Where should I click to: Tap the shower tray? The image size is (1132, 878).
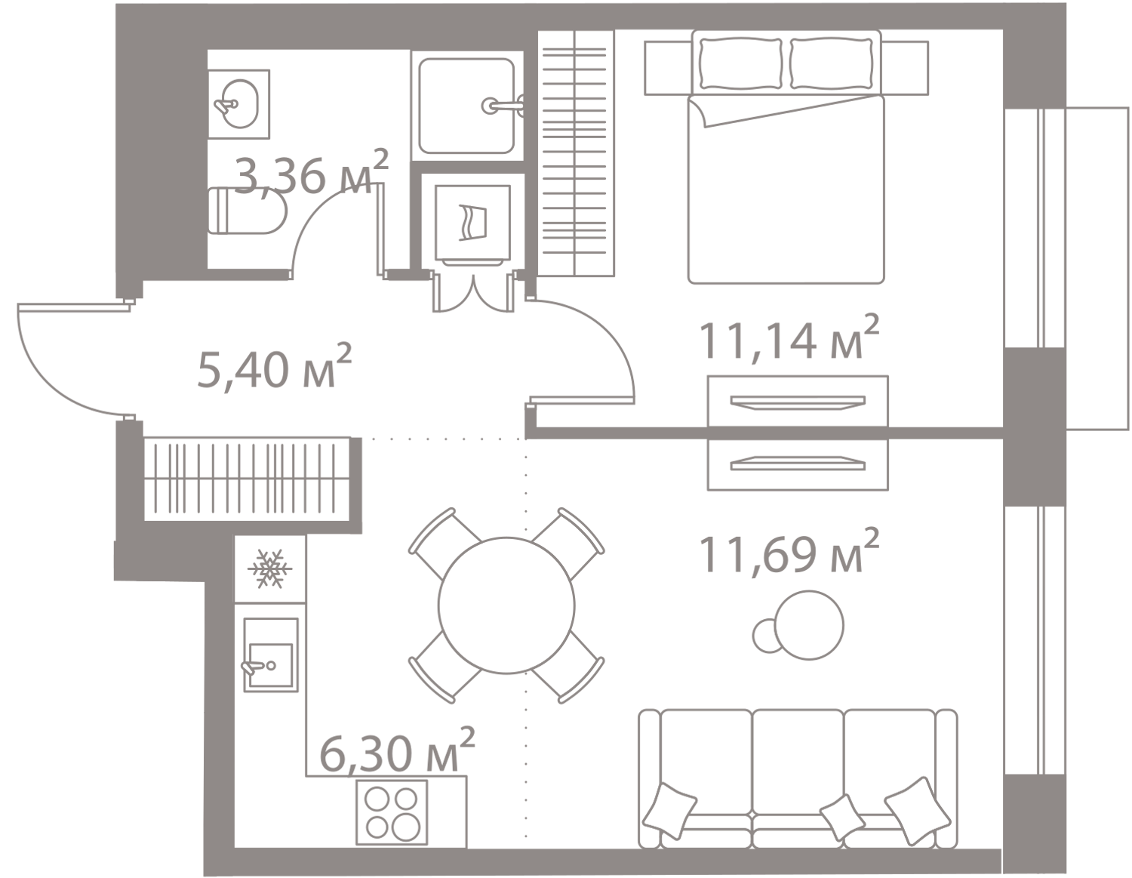point(468,106)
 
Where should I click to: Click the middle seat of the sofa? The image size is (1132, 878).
point(799,762)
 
